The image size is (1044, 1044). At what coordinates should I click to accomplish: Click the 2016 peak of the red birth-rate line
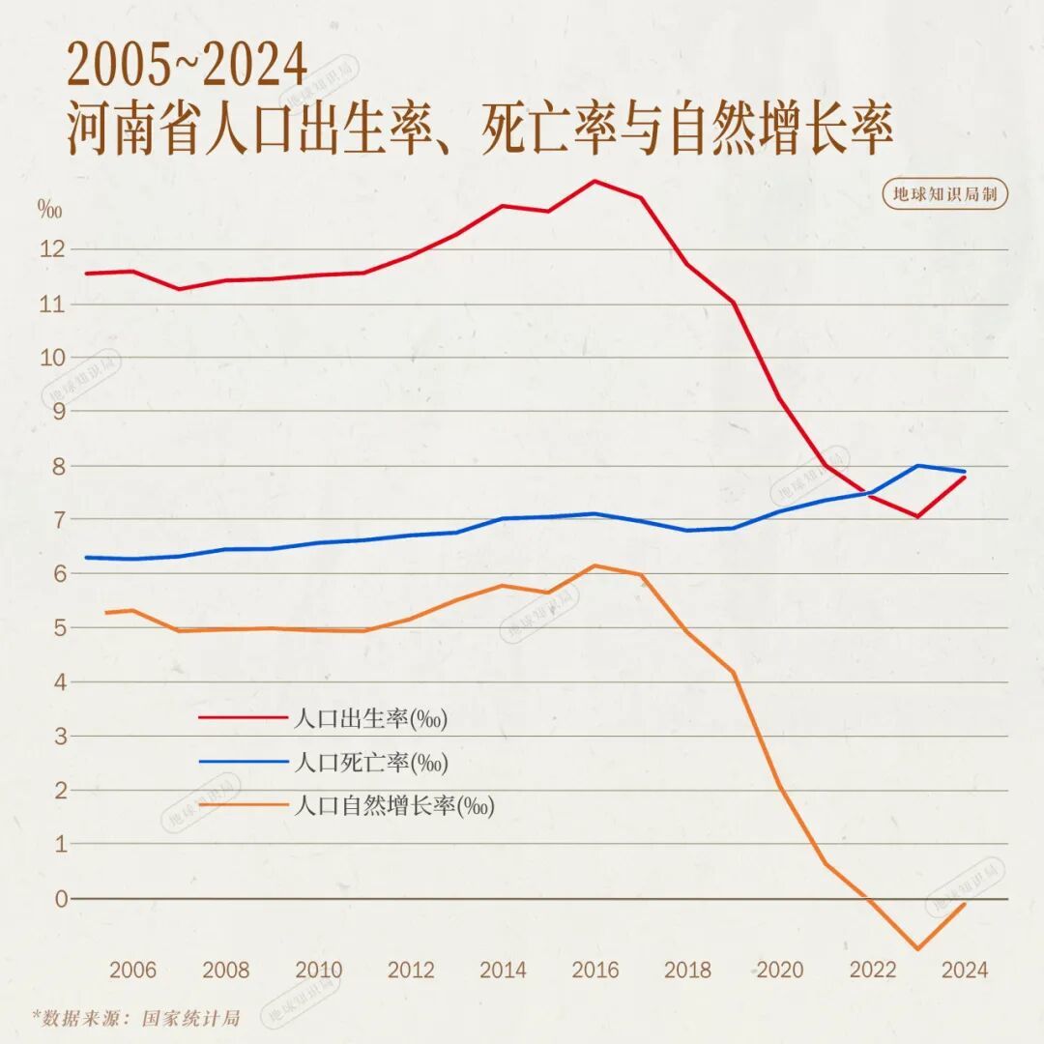(x=594, y=181)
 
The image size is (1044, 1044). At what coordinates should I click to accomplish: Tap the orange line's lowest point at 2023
(x=916, y=949)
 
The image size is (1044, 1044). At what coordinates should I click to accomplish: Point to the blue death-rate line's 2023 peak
(x=917, y=465)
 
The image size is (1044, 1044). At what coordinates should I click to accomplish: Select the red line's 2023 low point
(x=916, y=517)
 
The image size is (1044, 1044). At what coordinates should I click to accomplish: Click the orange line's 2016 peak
(x=595, y=565)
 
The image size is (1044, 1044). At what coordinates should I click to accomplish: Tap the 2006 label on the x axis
(x=133, y=971)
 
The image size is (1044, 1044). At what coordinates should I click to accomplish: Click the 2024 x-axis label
(x=965, y=971)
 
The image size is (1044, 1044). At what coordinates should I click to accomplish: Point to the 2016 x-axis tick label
(x=595, y=971)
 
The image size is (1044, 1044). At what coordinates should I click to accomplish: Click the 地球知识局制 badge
(x=945, y=194)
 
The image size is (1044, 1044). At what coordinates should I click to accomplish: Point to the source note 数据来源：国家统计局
(x=136, y=1018)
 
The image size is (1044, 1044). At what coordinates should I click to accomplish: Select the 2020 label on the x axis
(x=780, y=971)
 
